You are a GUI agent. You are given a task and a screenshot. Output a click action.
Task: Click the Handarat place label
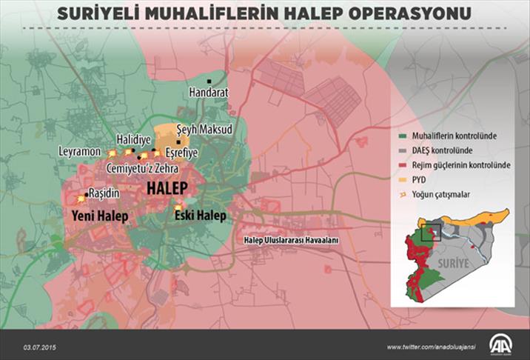pyautogui.click(x=208, y=93)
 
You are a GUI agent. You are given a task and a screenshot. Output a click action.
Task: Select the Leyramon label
pyautogui.click(x=79, y=151)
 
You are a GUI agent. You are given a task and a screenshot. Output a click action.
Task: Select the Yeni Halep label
pyautogui.click(x=99, y=217)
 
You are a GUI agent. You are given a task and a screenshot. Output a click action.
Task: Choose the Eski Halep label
pyautogui.click(x=201, y=217)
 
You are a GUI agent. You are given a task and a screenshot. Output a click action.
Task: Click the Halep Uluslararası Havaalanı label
pyautogui.click(x=292, y=241)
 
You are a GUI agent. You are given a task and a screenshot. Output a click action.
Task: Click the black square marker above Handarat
pyautogui.click(x=210, y=80)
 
